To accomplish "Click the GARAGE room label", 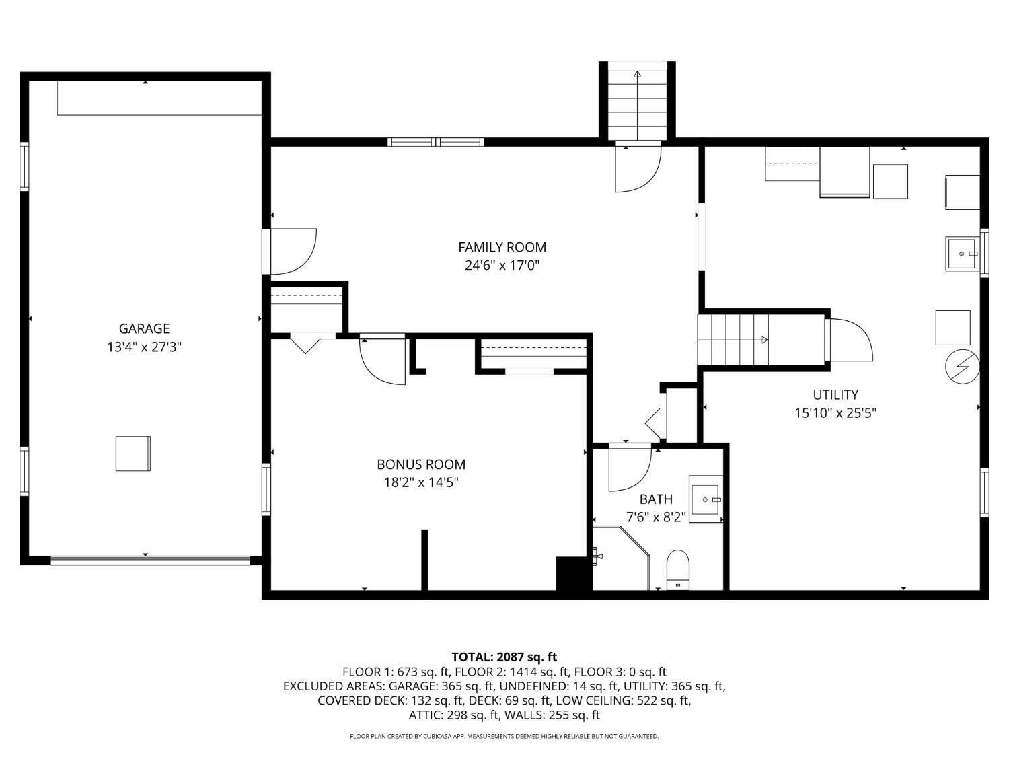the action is [145, 328].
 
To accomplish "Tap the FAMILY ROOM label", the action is [502, 247].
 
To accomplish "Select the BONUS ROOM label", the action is [421, 464].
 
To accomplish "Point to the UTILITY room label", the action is [835, 394].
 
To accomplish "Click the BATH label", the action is [656, 499].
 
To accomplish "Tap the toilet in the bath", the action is [677, 570].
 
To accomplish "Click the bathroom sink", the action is [706, 499].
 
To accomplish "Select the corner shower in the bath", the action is [622, 558].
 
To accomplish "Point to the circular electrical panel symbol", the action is [962, 366].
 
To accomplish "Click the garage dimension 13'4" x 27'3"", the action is [145, 347].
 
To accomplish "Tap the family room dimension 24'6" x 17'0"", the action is [502, 265].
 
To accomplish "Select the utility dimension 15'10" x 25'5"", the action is [835, 412].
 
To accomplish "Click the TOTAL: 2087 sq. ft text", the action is [504, 657].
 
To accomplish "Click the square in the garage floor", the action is [133, 453].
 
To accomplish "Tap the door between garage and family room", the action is [290, 252].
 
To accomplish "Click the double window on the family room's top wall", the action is [435, 141].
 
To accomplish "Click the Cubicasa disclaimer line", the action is [504, 736].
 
